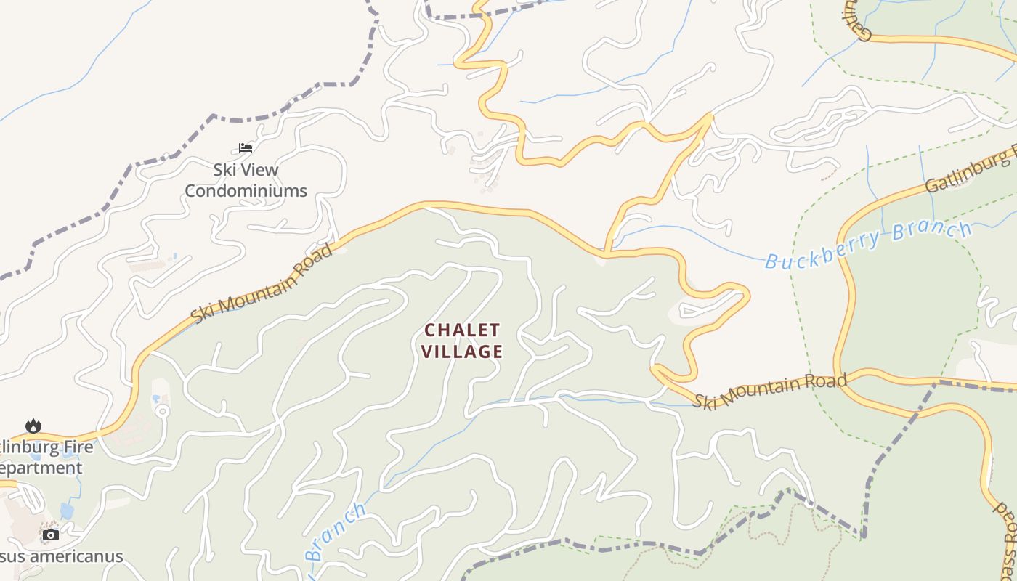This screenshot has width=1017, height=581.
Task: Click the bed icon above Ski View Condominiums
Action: (246, 148)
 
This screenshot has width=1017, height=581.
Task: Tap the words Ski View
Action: (246, 170)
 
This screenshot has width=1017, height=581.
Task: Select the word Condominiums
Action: (246, 191)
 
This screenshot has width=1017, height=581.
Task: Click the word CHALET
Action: (462, 330)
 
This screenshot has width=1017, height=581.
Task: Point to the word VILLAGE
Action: (463, 352)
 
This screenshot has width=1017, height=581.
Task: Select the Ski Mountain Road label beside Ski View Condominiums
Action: (262, 284)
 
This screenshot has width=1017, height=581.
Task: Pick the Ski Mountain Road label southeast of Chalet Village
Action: (769, 391)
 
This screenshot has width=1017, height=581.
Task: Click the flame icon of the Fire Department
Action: (33, 426)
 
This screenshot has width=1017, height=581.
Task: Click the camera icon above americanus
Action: (50, 535)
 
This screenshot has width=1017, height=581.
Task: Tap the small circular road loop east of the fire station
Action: (162, 411)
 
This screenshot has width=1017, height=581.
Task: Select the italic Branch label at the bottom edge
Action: (335, 532)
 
